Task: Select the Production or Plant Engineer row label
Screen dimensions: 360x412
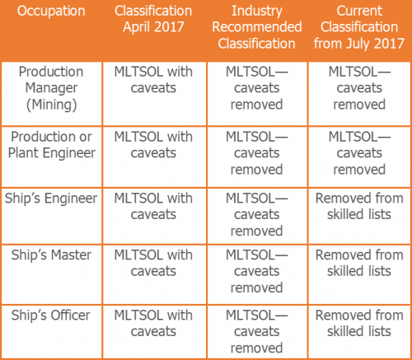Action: click(51, 144)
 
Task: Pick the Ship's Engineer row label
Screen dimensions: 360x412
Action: click(51, 199)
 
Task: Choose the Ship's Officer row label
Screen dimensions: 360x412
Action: click(51, 316)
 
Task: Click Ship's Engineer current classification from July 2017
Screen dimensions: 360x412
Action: click(359, 206)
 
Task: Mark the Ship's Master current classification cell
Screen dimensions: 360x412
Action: click(359, 262)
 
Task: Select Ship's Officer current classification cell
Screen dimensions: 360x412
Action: click(359, 323)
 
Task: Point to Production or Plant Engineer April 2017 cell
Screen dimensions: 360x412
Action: click(152, 144)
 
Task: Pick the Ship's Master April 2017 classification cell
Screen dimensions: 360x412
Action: click(152, 262)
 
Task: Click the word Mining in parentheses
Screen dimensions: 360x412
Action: click(51, 104)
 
